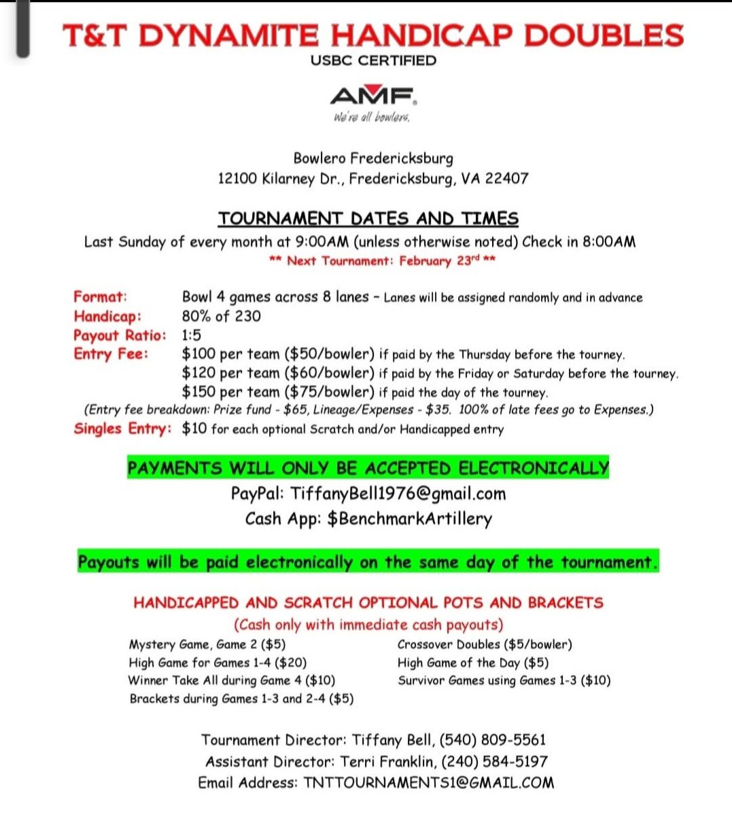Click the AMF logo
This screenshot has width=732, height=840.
[373, 96]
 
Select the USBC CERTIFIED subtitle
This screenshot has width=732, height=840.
[373, 60]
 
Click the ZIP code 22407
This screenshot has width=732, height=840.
[506, 179]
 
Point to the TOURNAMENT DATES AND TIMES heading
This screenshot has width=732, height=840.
[368, 219]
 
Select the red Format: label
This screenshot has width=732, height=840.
[101, 297]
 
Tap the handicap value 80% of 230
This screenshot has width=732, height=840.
[221, 316]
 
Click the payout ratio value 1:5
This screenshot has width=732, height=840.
[192, 335]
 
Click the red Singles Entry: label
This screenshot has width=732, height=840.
[122, 428]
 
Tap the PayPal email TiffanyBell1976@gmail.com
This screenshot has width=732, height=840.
[398, 494]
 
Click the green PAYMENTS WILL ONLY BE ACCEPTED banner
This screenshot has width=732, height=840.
[368, 469]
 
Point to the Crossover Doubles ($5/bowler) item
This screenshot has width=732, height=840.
[485, 644]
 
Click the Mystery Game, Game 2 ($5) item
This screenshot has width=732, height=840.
[207, 644]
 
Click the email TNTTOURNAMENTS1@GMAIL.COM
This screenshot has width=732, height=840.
[429, 783]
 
